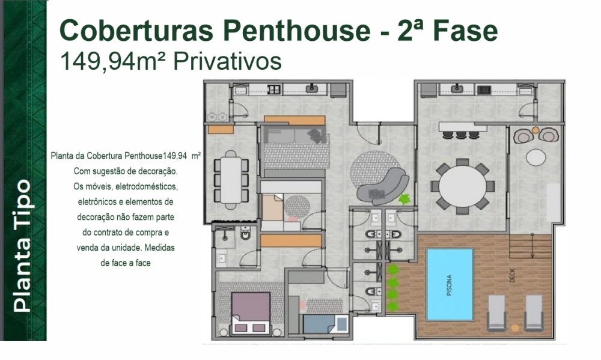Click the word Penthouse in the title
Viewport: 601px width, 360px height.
pyautogui.click(x=297, y=31)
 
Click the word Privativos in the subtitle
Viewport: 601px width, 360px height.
pyautogui.click(x=227, y=61)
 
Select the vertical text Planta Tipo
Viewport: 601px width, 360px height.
pyautogui.click(x=22, y=245)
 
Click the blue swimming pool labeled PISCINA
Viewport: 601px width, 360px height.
pyautogui.click(x=450, y=284)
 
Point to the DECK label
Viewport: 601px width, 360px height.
pyautogui.click(x=513, y=276)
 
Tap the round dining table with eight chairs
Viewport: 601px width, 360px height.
pyautogui.click(x=462, y=187)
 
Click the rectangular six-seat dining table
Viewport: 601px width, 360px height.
pyautogui.click(x=231, y=180)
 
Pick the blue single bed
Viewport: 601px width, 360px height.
pyautogui.click(x=325, y=324)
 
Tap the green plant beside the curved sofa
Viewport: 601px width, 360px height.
pyautogui.click(x=404, y=199)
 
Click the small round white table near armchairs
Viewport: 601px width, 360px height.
pyautogui.click(x=536, y=157)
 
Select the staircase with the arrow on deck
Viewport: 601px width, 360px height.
pyautogui.click(x=531, y=246)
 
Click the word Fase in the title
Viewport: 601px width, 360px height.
pyautogui.click(x=465, y=31)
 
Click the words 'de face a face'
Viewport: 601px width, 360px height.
pyautogui.click(x=126, y=263)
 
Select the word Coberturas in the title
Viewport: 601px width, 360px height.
pyautogui.click(x=136, y=31)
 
